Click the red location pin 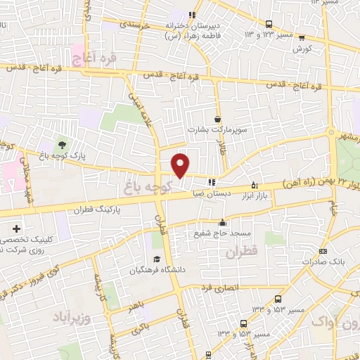(x=181, y=165)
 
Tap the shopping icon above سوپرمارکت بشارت (x=217, y=120)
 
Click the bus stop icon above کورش (x=301, y=39)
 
